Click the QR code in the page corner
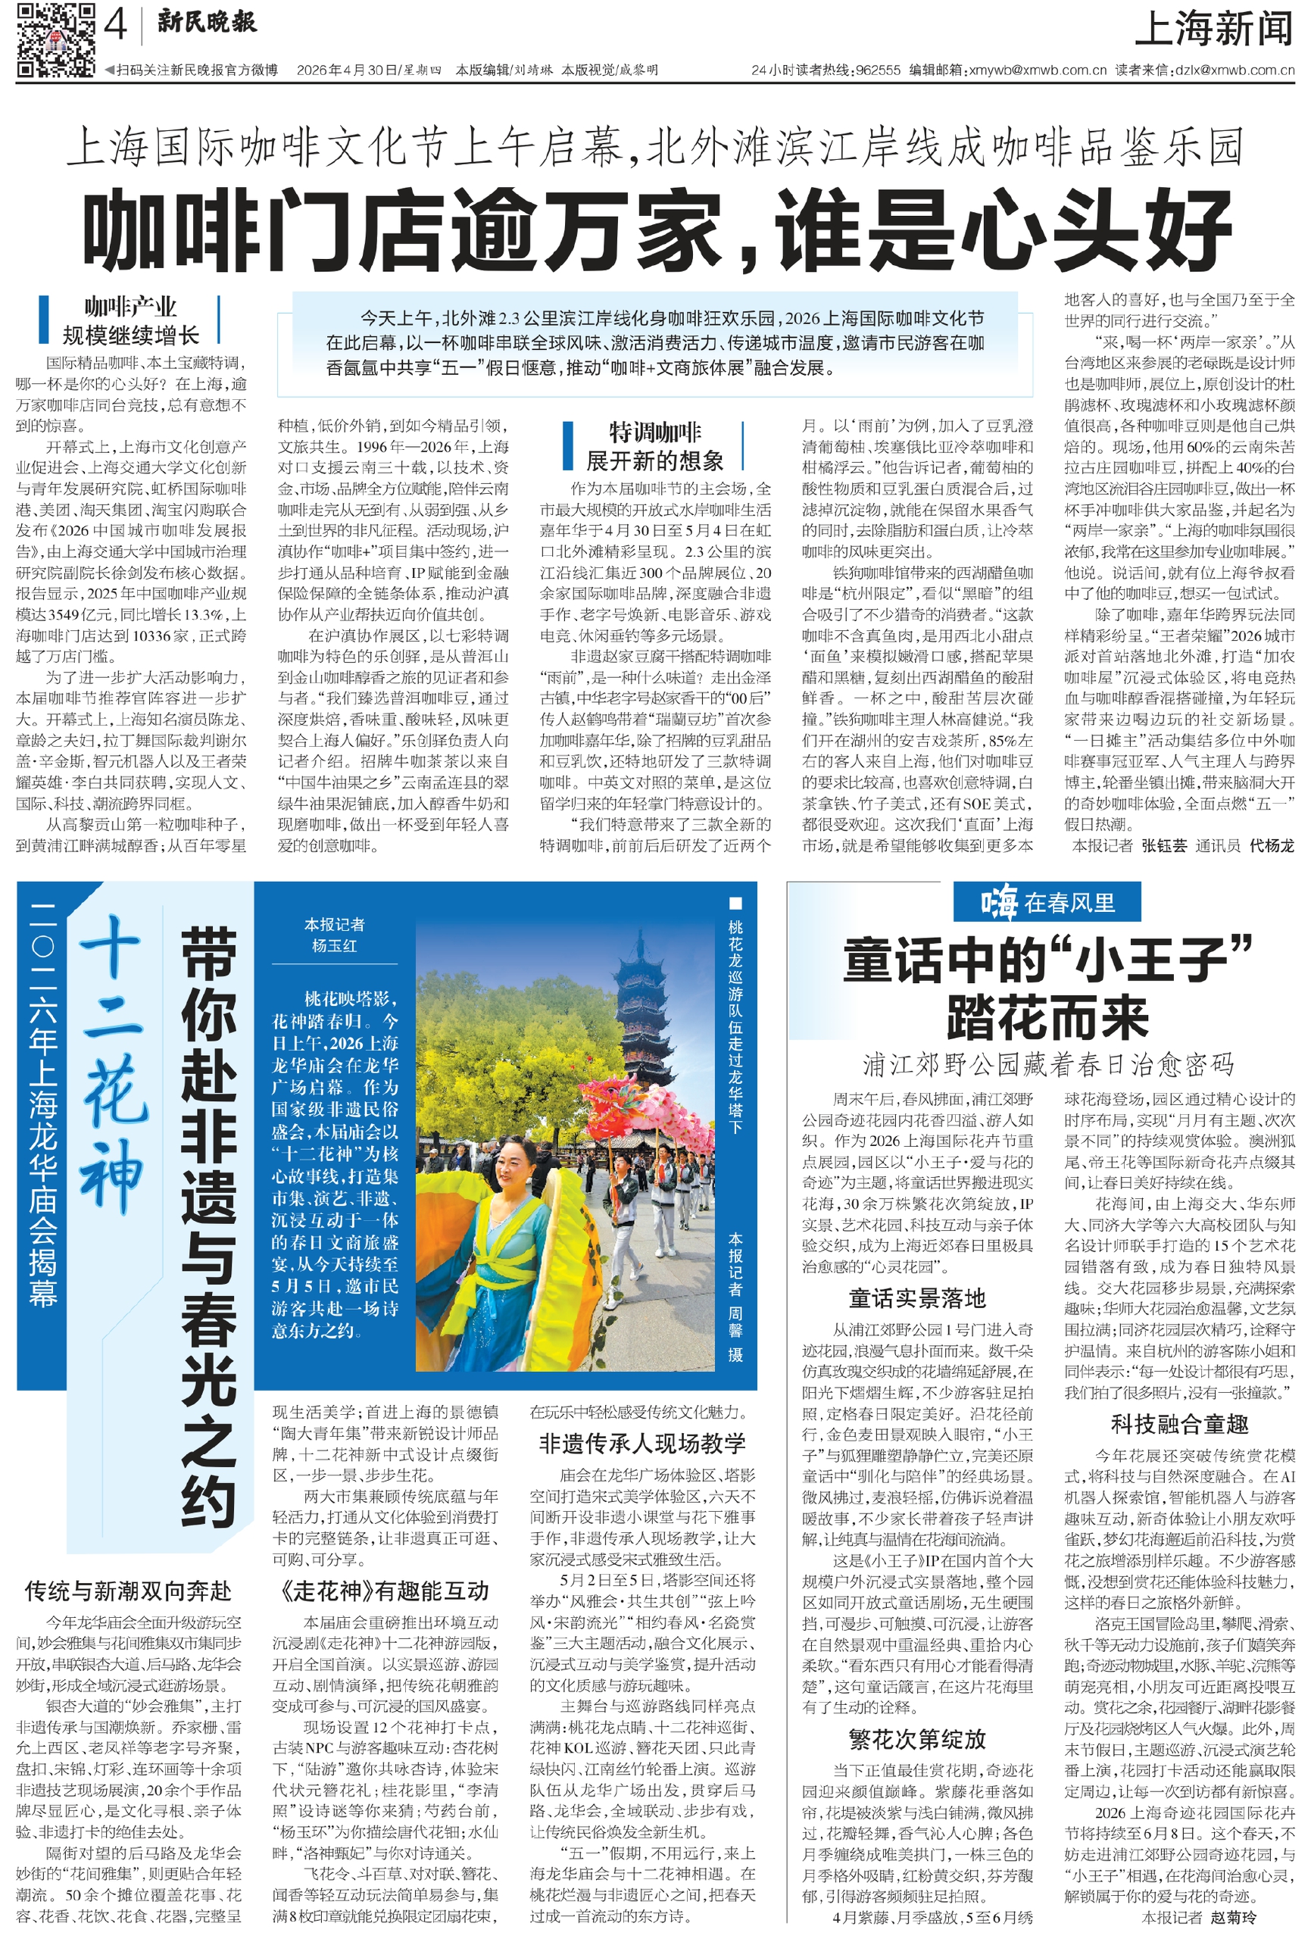(55, 39)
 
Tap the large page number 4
(116, 26)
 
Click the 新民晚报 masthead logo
(207, 23)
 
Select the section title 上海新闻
(1213, 30)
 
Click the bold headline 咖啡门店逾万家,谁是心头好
(656, 229)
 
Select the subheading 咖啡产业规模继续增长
(130, 320)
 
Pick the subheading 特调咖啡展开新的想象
(654, 446)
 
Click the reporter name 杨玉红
(334, 945)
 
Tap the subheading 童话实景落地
(916, 1298)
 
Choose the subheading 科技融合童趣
(1178, 1424)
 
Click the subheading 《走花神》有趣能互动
(385, 1591)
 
